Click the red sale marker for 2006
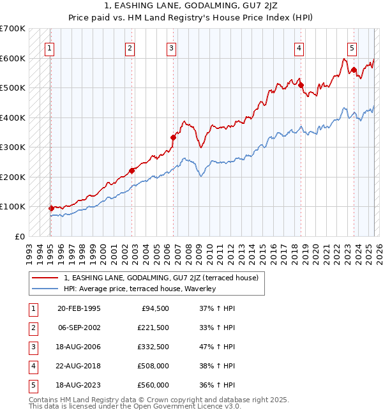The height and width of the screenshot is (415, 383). (173, 137)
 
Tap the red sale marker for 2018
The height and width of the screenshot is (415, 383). (301, 85)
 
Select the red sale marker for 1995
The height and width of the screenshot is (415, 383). (51, 208)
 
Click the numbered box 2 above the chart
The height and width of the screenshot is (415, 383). (130, 47)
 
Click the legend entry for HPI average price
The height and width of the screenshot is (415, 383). (140, 289)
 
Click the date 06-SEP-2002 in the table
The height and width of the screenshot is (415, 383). (79, 328)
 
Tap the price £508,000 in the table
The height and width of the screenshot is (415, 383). (153, 366)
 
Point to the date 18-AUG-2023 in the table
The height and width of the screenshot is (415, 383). (79, 385)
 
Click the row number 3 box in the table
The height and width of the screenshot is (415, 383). (33, 347)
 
